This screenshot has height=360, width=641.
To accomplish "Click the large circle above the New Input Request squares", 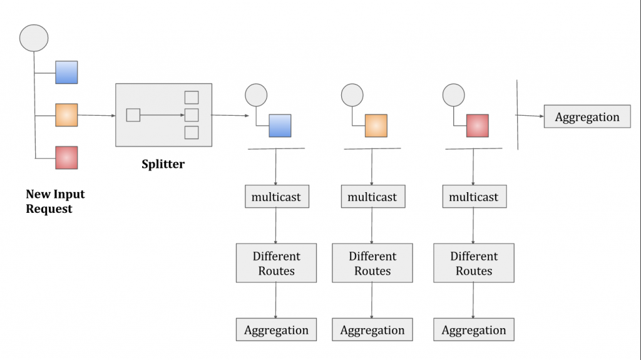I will [x=34, y=38].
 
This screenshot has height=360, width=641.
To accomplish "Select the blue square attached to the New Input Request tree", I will [x=66, y=73].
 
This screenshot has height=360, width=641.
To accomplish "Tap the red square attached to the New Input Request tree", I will [x=66, y=158].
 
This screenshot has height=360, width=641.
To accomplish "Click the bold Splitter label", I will [x=163, y=165].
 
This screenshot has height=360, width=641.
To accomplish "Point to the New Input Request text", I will [x=55, y=202].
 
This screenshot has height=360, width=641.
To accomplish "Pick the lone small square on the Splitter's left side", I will [x=133, y=115].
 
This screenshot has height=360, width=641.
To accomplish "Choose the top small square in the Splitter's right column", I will [x=192, y=98].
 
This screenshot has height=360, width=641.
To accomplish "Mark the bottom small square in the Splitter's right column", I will [x=192, y=133].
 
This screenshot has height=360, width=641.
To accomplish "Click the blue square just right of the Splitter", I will [x=280, y=126].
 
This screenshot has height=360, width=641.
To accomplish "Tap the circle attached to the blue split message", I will [x=256, y=95].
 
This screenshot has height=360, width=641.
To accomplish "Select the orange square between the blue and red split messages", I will [x=376, y=126].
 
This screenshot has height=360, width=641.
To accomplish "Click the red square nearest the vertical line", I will [x=478, y=126].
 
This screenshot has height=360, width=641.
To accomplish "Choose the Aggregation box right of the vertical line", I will [x=587, y=117].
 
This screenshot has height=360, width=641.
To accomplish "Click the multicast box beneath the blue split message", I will [x=276, y=197].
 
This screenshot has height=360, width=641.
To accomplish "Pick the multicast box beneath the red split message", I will [x=474, y=197].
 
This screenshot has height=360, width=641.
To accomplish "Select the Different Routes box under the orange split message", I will [x=372, y=264].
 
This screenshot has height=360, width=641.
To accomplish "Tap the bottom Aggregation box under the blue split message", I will [x=276, y=330].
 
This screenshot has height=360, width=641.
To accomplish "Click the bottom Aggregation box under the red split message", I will [x=474, y=330].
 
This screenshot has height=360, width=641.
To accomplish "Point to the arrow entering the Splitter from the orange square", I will [x=97, y=115].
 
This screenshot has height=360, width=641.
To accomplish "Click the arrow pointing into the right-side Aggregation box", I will [x=531, y=116].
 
